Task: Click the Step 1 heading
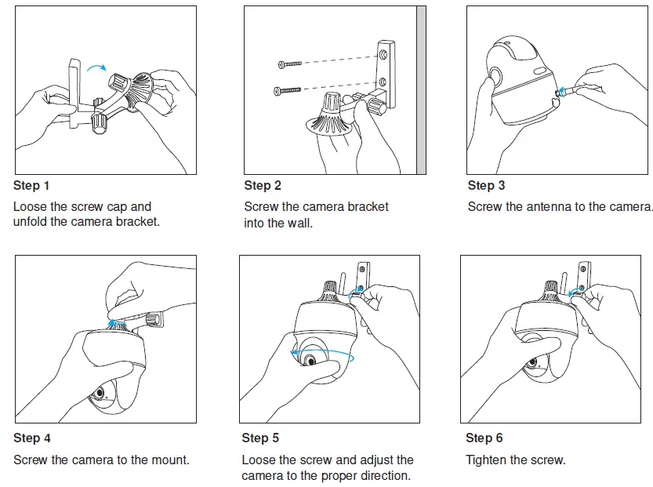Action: tap(31, 185)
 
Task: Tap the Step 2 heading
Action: tap(263, 185)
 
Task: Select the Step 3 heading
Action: tap(486, 185)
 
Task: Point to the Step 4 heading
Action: tap(31, 438)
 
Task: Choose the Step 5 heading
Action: tap(260, 438)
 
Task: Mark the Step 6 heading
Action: tap(484, 438)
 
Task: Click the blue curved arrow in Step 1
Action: tap(96, 67)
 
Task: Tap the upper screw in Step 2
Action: tap(290, 64)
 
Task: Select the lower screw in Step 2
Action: tap(287, 90)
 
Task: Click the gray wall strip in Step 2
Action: tap(421, 90)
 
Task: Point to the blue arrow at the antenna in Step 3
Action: tap(561, 92)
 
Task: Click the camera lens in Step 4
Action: tap(100, 393)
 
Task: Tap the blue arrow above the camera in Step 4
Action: tap(112, 322)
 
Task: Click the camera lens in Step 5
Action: tap(310, 359)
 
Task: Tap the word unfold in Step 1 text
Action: tap(30, 221)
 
